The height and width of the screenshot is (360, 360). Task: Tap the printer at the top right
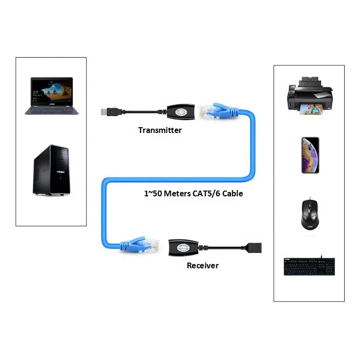point(308,96)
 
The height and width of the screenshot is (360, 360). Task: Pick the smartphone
point(310,156)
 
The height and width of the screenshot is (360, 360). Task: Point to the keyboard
point(309,266)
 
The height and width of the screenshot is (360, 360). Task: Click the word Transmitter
point(160,130)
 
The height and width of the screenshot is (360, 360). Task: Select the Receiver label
point(202,265)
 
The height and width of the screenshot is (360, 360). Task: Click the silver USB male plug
point(106,112)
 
